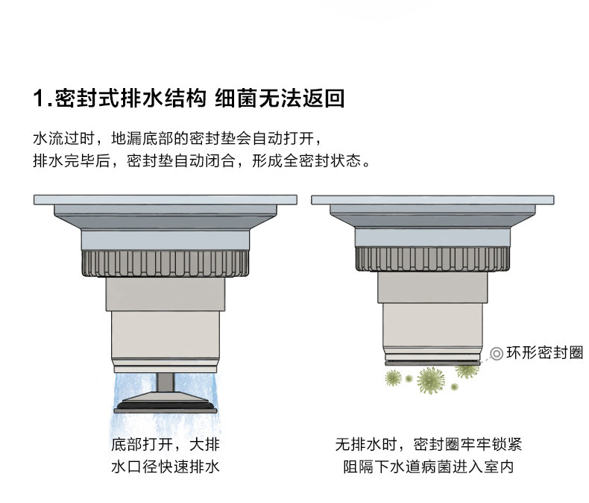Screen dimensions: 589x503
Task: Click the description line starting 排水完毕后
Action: (201, 161)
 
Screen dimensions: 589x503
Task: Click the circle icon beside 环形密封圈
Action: (497, 354)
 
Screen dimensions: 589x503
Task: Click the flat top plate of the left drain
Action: (165, 199)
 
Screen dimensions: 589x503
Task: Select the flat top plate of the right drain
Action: (433, 199)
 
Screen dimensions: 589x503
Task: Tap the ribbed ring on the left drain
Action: (165, 263)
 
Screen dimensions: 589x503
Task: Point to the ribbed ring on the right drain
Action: (433, 258)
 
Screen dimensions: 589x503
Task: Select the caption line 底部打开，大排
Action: (165, 446)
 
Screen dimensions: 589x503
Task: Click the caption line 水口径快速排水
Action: (165, 468)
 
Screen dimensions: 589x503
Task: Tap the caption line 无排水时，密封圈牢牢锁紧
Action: (429, 446)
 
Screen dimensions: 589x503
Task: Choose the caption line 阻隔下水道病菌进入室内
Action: (429, 468)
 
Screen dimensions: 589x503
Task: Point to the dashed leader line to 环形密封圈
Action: (485, 357)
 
